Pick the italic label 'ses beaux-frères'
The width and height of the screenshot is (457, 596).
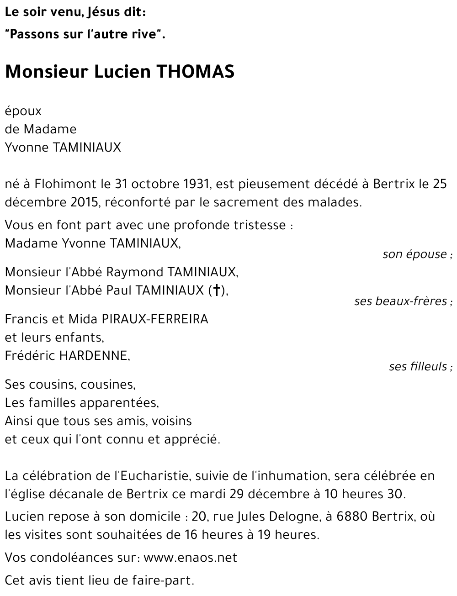[x=401, y=301]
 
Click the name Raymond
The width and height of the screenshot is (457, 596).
[x=135, y=272]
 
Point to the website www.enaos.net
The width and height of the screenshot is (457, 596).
[x=190, y=558]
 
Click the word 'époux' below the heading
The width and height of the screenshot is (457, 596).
[x=23, y=111]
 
